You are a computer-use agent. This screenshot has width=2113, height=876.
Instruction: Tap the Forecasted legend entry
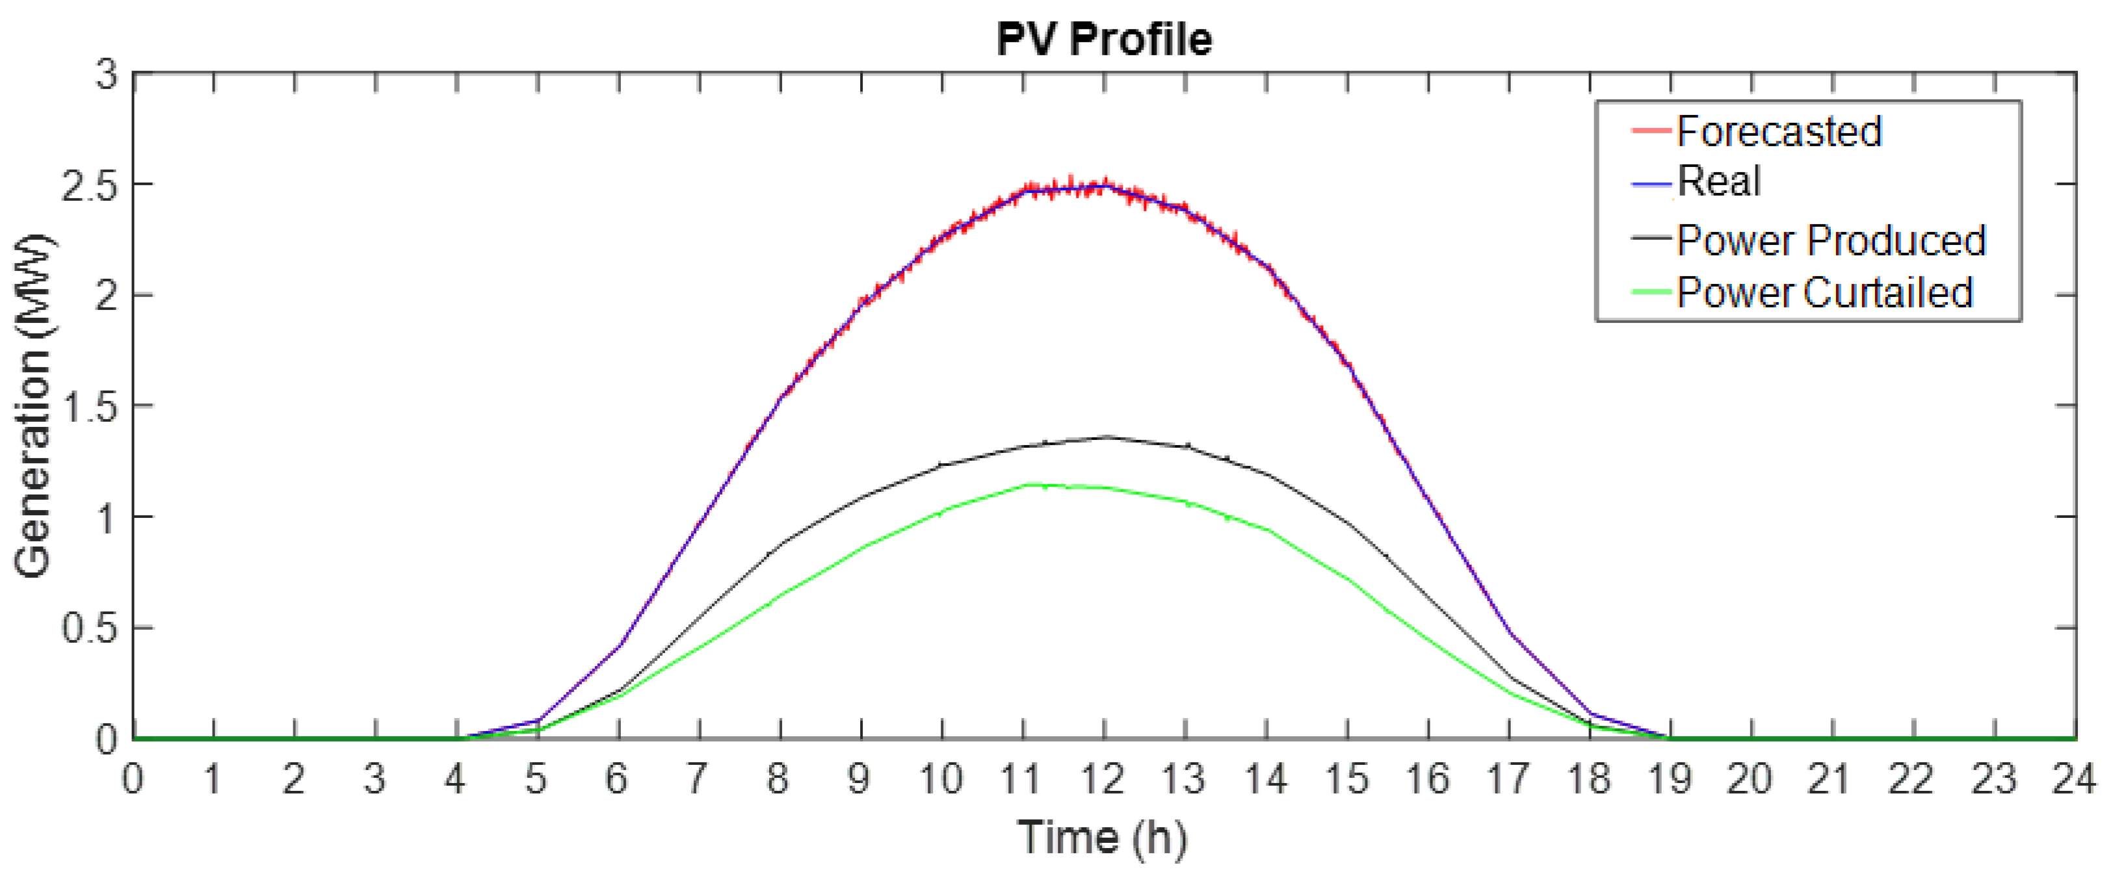coord(1778,131)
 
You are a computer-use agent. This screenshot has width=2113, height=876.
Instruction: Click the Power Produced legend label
coord(1830,240)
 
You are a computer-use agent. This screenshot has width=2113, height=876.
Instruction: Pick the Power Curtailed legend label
coord(1824,293)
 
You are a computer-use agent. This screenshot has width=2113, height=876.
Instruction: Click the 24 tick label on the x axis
coord(2073,779)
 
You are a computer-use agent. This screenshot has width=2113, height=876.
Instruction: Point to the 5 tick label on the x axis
coord(536,779)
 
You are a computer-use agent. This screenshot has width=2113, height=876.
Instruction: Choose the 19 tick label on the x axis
coord(1669,779)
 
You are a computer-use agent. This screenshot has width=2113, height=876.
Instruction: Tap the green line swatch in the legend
coord(1650,293)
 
